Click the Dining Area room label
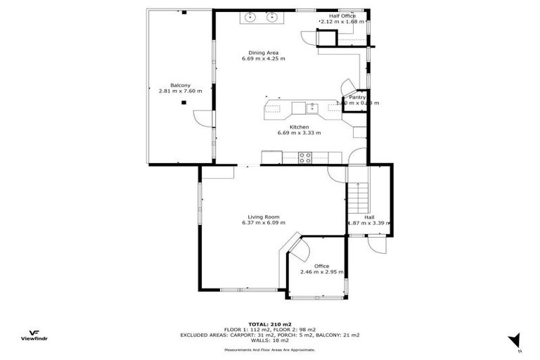tap(264, 52)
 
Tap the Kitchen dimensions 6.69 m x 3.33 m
tap(299, 133)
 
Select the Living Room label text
tap(264, 217)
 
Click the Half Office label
tap(342, 15)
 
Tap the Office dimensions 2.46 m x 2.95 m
tap(322, 272)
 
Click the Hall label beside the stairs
tap(369, 217)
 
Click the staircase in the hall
tap(358, 196)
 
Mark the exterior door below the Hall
tap(375, 245)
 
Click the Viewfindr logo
tap(33, 336)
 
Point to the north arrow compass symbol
tap(514, 340)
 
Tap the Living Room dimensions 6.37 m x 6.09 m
tap(264, 223)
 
